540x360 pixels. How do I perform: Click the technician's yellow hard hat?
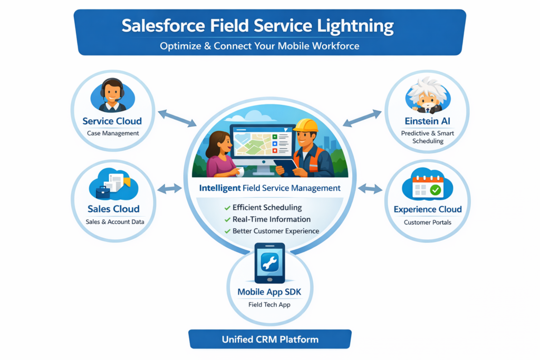305,125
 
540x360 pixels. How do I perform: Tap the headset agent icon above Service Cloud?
112,95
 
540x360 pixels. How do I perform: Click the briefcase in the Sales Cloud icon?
103,192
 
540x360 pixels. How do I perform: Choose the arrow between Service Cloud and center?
177,118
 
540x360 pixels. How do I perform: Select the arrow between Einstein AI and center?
362,118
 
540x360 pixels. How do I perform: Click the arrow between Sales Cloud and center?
170,188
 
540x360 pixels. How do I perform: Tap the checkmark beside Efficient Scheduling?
227,208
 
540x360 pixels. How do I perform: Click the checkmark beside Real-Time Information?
227,219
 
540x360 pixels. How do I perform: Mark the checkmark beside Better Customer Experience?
227,231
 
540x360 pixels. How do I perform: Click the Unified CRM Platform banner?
270,339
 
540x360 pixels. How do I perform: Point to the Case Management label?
113,133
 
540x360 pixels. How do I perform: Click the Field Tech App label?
269,305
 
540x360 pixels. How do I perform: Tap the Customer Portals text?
428,222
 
